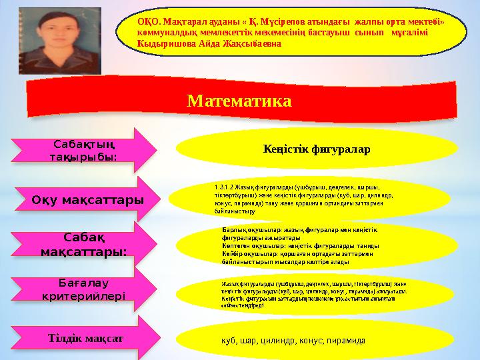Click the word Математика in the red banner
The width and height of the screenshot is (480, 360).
pos(239,101)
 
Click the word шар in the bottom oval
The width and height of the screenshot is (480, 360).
pos(250,341)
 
